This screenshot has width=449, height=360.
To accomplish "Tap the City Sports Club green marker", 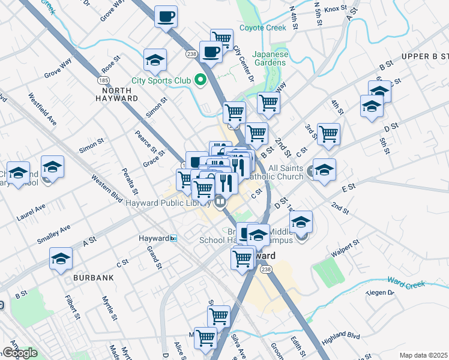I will coord(201,80).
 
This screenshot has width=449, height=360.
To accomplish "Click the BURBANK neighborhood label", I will coord(94,278).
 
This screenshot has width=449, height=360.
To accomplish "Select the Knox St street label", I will coord(335,10).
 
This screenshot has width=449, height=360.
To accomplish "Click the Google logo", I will coord(20,353).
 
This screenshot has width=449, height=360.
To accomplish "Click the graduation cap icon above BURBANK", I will coord(61,259).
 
